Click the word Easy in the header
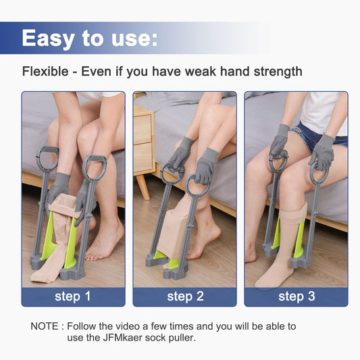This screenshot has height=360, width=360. pyautogui.click(x=48, y=38)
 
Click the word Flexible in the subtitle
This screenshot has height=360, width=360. pyautogui.click(x=45, y=71)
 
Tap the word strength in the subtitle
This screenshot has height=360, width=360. pyautogui.click(x=278, y=72)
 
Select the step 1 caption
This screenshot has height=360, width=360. pyautogui.click(x=73, y=297)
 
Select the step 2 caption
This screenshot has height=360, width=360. pyautogui.click(x=185, y=297)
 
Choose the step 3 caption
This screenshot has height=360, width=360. pyautogui.click(x=297, y=297)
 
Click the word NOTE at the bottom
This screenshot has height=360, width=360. pyautogui.click(x=45, y=326)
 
